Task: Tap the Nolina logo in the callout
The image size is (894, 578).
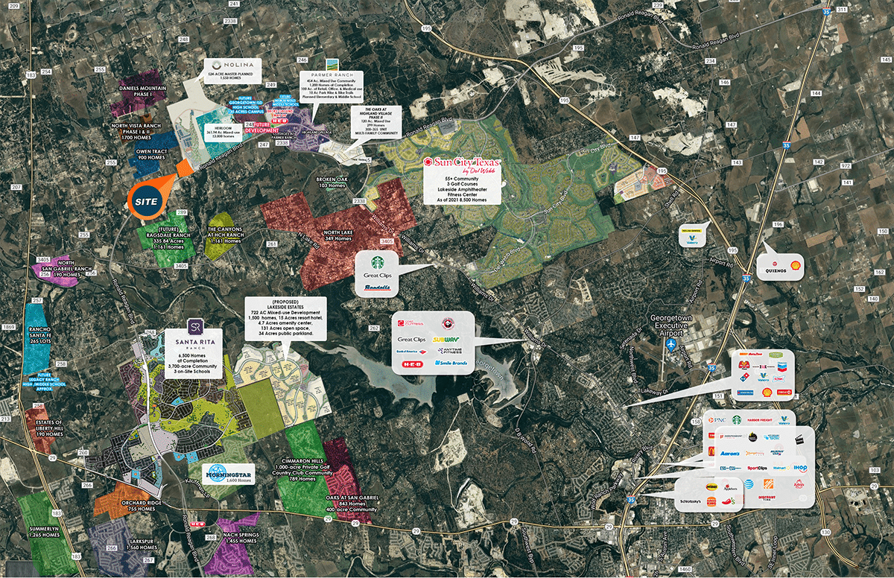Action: click(x=232, y=66)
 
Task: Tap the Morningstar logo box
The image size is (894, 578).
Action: click(x=229, y=472)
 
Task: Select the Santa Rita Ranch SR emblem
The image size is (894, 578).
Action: click(x=195, y=327)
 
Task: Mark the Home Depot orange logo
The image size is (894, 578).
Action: click(x=768, y=484)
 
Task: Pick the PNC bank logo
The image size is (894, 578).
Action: click(x=720, y=421)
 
